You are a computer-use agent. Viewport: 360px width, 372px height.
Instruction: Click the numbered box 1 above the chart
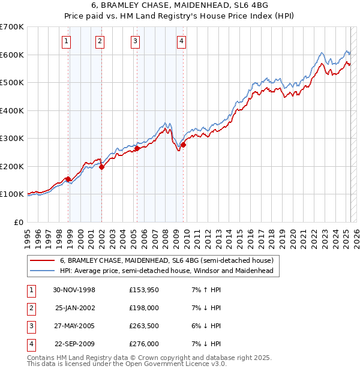click(x=65, y=41)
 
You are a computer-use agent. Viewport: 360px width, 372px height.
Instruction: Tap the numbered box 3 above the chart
click(x=135, y=41)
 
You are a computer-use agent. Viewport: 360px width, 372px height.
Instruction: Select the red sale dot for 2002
click(x=101, y=167)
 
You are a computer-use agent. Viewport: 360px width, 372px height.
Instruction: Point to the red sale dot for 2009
click(x=183, y=145)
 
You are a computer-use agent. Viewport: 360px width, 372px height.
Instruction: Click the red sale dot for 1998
click(x=68, y=179)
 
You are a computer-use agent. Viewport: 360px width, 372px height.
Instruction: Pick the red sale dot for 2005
click(x=137, y=148)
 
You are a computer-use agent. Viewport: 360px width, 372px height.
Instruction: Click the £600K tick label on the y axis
click(x=12, y=55)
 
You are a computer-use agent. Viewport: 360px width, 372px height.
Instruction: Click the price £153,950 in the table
click(x=143, y=290)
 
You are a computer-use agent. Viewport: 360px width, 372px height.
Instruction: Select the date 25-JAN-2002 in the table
click(x=75, y=308)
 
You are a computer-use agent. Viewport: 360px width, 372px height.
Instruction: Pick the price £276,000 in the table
click(x=143, y=344)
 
